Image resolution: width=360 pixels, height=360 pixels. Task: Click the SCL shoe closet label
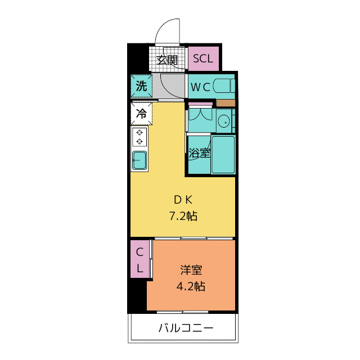pyautogui.click(x=203, y=58)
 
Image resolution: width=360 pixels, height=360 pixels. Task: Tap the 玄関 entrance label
pyautogui.click(x=167, y=60)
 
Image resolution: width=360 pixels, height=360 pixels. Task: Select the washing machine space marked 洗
pyautogui.click(x=141, y=86)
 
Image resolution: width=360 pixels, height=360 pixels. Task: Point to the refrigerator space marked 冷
pyautogui.click(x=141, y=114)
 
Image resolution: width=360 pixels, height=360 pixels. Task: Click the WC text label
pyautogui.click(x=200, y=87)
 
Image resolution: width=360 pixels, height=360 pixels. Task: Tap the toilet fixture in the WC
pyautogui.click(x=224, y=86)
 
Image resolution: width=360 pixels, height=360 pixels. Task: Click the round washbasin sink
pyautogui.click(x=224, y=121)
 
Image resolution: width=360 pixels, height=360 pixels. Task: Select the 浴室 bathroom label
pyautogui.click(x=199, y=152)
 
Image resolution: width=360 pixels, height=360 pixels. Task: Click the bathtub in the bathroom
pyautogui.click(x=223, y=154)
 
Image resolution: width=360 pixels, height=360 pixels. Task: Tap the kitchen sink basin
pyautogui.click(x=139, y=160)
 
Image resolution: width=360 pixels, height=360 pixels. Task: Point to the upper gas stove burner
pyautogui.click(x=139, y=133)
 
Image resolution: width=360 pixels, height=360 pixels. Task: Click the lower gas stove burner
pyautogui.click(x=139, y=141)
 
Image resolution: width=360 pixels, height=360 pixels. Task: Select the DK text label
pyautogui.click(x=183, y=200)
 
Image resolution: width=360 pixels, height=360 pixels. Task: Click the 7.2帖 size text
pyautogui.click(x=183, y=216)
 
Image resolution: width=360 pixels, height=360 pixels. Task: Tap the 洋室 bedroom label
pyautogui.click(x=191, y=270)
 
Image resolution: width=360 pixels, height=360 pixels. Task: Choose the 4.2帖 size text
pyautogui.click(x=191, y=286)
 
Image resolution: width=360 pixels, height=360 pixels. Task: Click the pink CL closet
pyautogui.click(x=140, y=259)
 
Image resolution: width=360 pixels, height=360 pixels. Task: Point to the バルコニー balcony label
pyautogui.click(x=186, y=327)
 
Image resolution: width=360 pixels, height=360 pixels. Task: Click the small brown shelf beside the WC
pyautogui.click(x=226, y=103)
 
